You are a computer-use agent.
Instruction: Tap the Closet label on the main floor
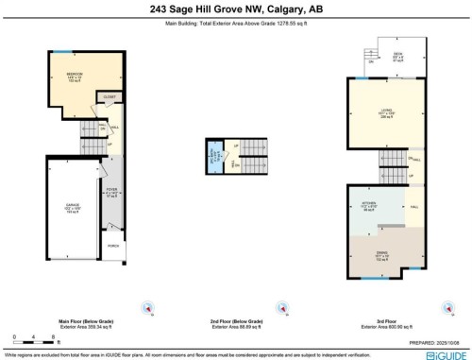click(x=110, y=96)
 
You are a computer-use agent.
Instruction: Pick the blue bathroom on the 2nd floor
click(x=213, y=154)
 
